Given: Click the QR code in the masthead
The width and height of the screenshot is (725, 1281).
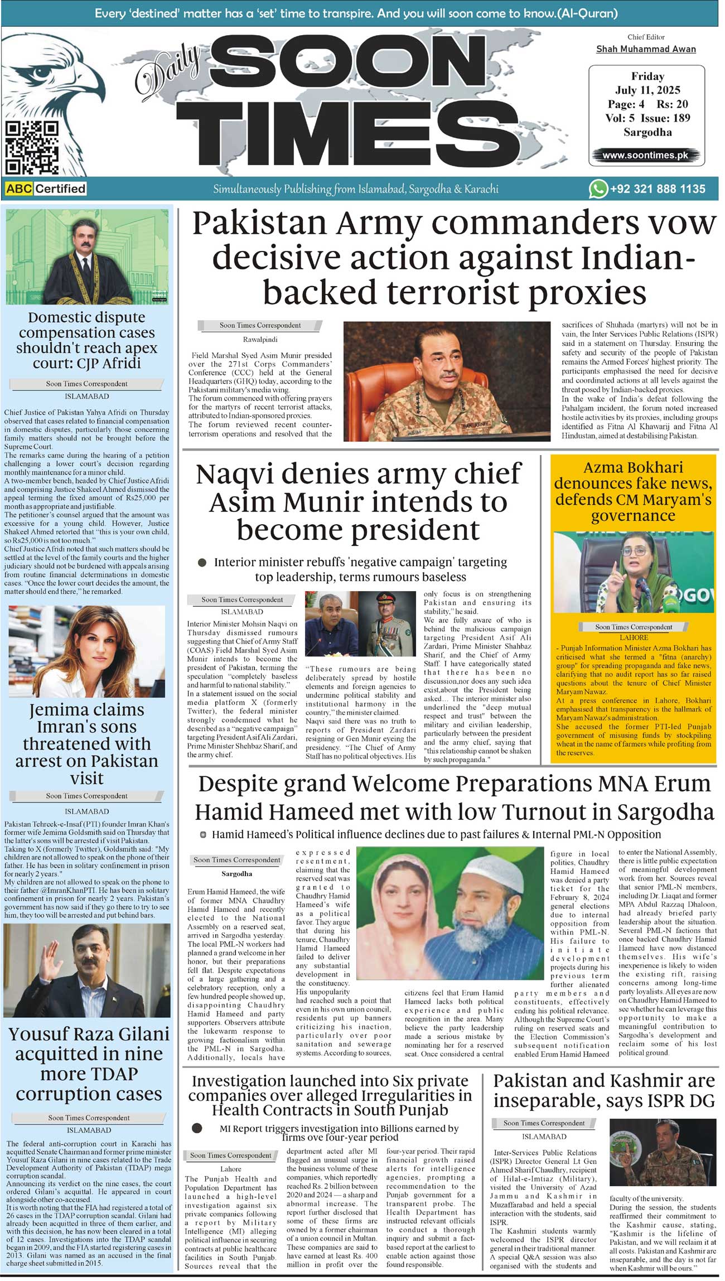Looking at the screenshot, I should pos(32,148).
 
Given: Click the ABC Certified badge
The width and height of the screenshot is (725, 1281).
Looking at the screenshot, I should pos(46,188).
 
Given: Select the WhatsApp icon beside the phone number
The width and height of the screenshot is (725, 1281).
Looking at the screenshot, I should pos(598,189).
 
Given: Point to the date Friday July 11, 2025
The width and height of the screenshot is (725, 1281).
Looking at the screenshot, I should pos(647,83).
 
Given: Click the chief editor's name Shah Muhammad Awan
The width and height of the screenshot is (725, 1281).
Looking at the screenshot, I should pos(646,49).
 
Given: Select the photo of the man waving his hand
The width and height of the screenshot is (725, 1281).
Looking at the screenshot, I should pos(87,970).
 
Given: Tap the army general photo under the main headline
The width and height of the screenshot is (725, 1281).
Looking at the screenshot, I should pos(447,381).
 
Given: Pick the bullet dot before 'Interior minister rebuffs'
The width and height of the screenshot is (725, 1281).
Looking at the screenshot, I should pos(202,563).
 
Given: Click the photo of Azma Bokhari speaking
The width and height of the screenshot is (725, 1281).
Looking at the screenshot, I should pos(633,572).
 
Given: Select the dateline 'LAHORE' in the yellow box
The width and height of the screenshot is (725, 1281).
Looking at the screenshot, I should pos(634,637).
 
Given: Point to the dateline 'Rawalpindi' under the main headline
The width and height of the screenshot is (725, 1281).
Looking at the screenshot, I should pos(260,339).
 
